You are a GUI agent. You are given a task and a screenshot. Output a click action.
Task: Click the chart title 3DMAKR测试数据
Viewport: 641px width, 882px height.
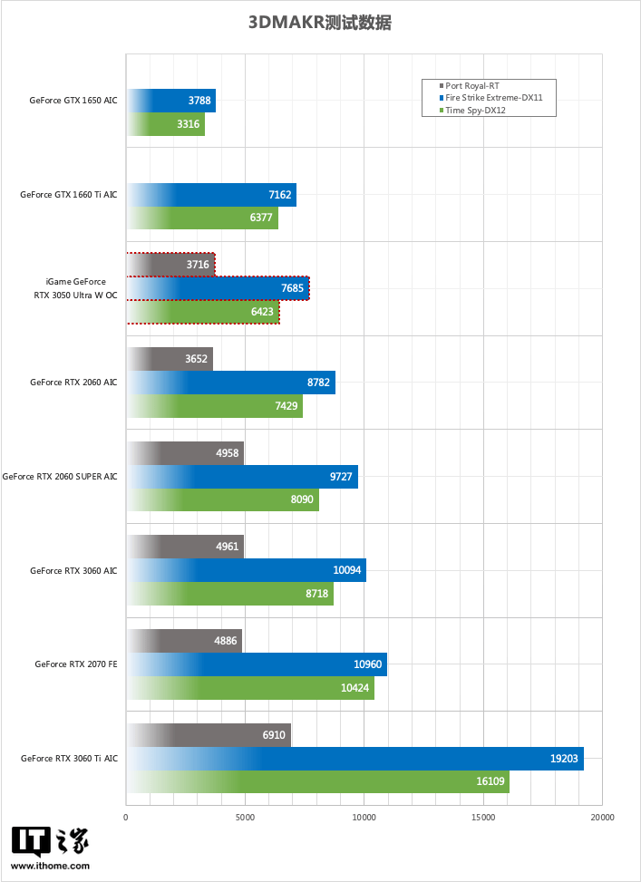click(320, 24)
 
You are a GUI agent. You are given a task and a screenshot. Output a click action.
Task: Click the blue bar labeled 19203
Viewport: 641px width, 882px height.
click(354, 759)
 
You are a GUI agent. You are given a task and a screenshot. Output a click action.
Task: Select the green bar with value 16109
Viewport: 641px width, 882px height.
click(317, 782)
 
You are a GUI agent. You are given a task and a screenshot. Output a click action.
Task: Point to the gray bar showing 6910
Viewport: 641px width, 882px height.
click(209, 735)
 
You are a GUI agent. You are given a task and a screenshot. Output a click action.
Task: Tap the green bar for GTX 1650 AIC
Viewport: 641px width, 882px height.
click(166, 124)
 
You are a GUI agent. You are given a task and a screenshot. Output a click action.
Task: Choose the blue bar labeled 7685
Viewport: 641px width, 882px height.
click(218, 288)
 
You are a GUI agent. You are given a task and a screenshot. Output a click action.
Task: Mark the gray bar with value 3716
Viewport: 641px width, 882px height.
click(170, 265)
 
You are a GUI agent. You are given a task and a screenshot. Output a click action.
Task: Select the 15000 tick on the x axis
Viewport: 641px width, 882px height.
click(482, 818)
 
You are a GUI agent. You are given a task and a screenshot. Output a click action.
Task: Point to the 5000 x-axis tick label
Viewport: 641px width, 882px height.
click(245, 818)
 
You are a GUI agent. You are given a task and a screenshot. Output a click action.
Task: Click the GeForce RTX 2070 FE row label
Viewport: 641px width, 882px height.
click(76, 664)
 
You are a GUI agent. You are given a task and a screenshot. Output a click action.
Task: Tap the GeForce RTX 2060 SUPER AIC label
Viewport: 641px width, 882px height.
click(60, 477)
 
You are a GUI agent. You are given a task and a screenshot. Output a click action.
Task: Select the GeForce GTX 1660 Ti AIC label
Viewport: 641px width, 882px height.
click(69, 195)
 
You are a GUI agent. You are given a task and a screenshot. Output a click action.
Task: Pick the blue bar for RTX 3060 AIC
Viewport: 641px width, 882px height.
click(246, 570)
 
